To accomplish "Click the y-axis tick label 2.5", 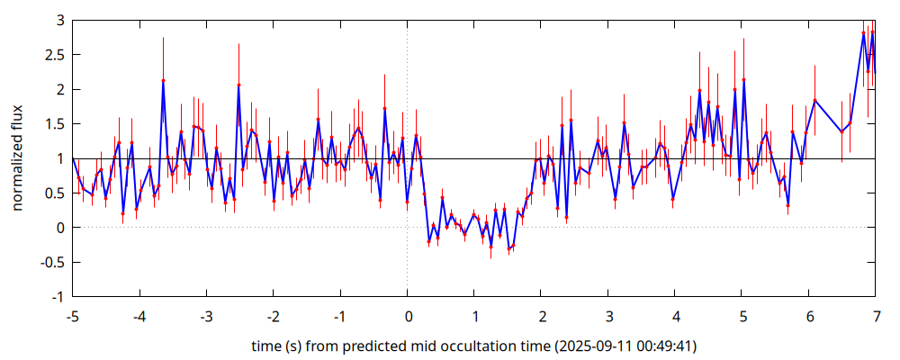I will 54,56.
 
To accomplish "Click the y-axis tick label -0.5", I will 51,262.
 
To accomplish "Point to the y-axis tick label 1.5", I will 54,124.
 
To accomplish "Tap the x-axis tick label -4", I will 139,317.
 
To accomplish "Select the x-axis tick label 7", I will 877,317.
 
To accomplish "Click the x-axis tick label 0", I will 408,317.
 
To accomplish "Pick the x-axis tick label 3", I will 608,317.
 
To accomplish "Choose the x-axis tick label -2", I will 273,317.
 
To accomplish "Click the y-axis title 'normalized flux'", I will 18,158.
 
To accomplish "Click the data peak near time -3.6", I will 164,81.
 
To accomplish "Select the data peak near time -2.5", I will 238,85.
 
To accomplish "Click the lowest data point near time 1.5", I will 508,248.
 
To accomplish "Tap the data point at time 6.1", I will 814,100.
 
